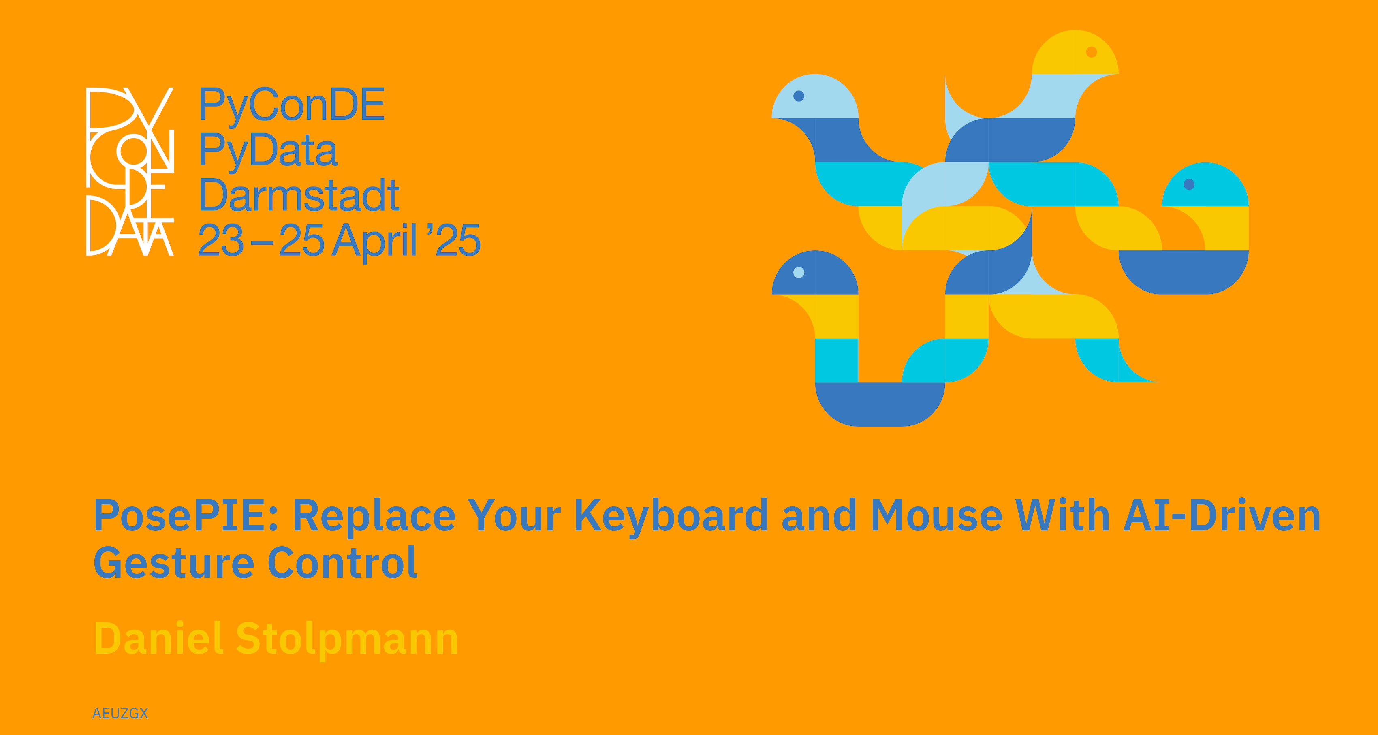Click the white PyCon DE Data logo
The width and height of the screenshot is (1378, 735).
pos(130,171)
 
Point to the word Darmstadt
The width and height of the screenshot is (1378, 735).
pos(299,195)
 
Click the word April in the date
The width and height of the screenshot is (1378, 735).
pos(374,242)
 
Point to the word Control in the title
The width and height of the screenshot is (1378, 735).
pos(342,562)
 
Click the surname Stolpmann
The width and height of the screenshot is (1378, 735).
pos(347,640)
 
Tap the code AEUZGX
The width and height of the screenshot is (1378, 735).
pos(120,713)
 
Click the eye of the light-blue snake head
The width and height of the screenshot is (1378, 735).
pos(799,96)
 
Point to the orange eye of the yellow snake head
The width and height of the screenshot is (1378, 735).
pos(1091,52)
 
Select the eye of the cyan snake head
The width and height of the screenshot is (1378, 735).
pos(1189,184)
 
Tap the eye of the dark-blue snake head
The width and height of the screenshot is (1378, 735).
pos(799,272)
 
